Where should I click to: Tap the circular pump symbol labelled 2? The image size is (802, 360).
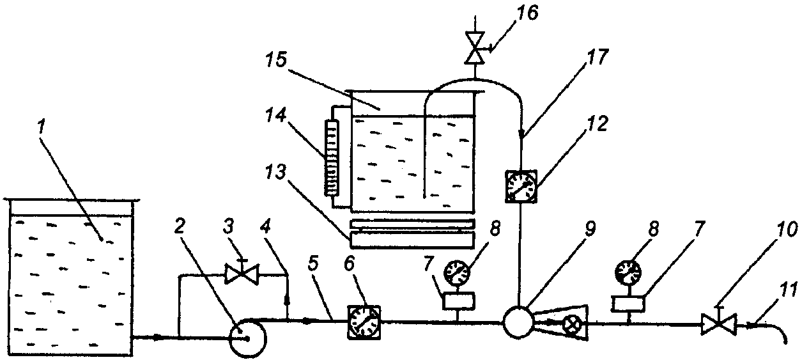tap(247, 338)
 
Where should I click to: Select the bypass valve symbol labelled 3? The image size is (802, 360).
tap(242, 274)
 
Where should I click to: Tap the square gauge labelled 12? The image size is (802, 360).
tap(521, 186)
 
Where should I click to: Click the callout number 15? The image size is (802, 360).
tap(277, 61)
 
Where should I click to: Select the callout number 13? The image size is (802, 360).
tap(276, 173)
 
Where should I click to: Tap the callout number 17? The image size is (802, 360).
tap(597, 57)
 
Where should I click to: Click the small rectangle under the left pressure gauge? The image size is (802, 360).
tap(459, 301)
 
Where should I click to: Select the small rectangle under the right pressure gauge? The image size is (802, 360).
tap(628, 304)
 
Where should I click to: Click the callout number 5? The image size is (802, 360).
tap(312, 263)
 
